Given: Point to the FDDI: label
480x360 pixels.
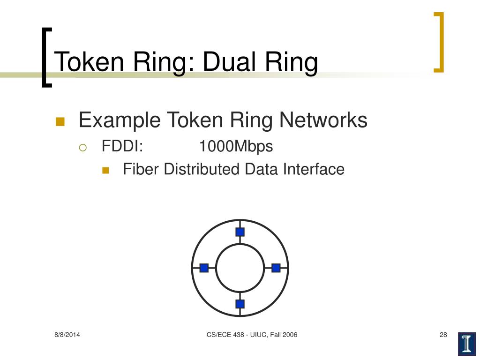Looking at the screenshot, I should (122, 146).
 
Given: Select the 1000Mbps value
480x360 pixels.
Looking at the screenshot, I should (236, 146).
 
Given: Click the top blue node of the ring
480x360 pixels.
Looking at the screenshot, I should (240, 232).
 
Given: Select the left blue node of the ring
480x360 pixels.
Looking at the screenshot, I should (204, 268).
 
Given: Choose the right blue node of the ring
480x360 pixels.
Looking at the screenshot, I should (276, 268).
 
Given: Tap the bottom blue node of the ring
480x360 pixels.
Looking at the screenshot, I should (240, 304).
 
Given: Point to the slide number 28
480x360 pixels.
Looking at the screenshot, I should (443, 335).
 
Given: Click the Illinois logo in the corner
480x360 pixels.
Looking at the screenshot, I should (466, 344).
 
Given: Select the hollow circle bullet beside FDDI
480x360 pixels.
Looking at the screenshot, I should (83, 147).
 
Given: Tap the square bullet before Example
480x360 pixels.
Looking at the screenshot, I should (60, 121).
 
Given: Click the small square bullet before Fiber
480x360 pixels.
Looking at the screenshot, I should (105, 170).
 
